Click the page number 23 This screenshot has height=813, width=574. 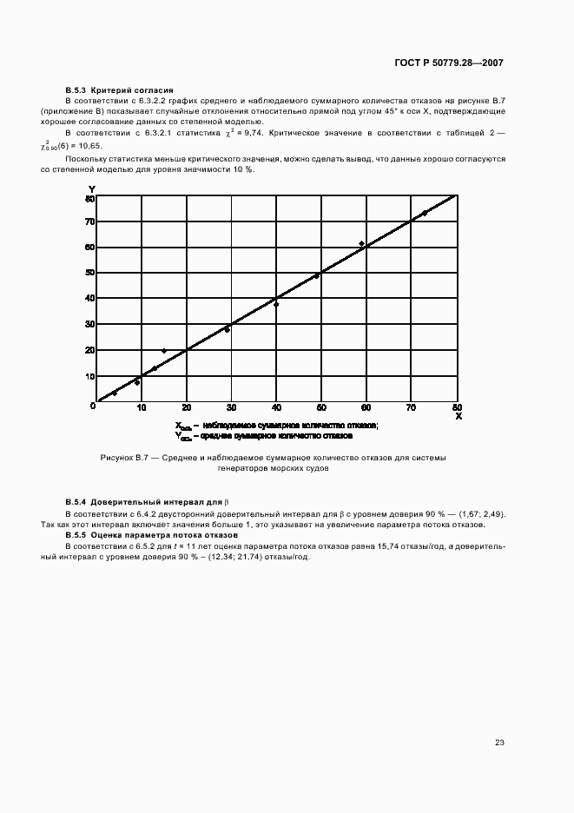coord(499,743)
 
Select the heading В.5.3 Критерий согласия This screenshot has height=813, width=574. coord(120,90)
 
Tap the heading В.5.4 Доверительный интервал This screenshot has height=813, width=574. coord(143,503)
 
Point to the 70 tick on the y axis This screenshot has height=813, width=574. coord(89,221)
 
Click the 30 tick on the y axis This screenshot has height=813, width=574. coord(89,324)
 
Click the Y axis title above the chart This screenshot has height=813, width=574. coord(91,188)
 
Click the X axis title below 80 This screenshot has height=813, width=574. coord(459,417)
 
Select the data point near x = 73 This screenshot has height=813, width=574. coord(425,213)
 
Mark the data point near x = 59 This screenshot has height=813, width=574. coord(362,244)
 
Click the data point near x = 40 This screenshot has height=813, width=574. coord(276,304)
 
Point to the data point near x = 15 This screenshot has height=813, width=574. coord(163,351)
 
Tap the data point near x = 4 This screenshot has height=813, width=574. coord(114,393)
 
